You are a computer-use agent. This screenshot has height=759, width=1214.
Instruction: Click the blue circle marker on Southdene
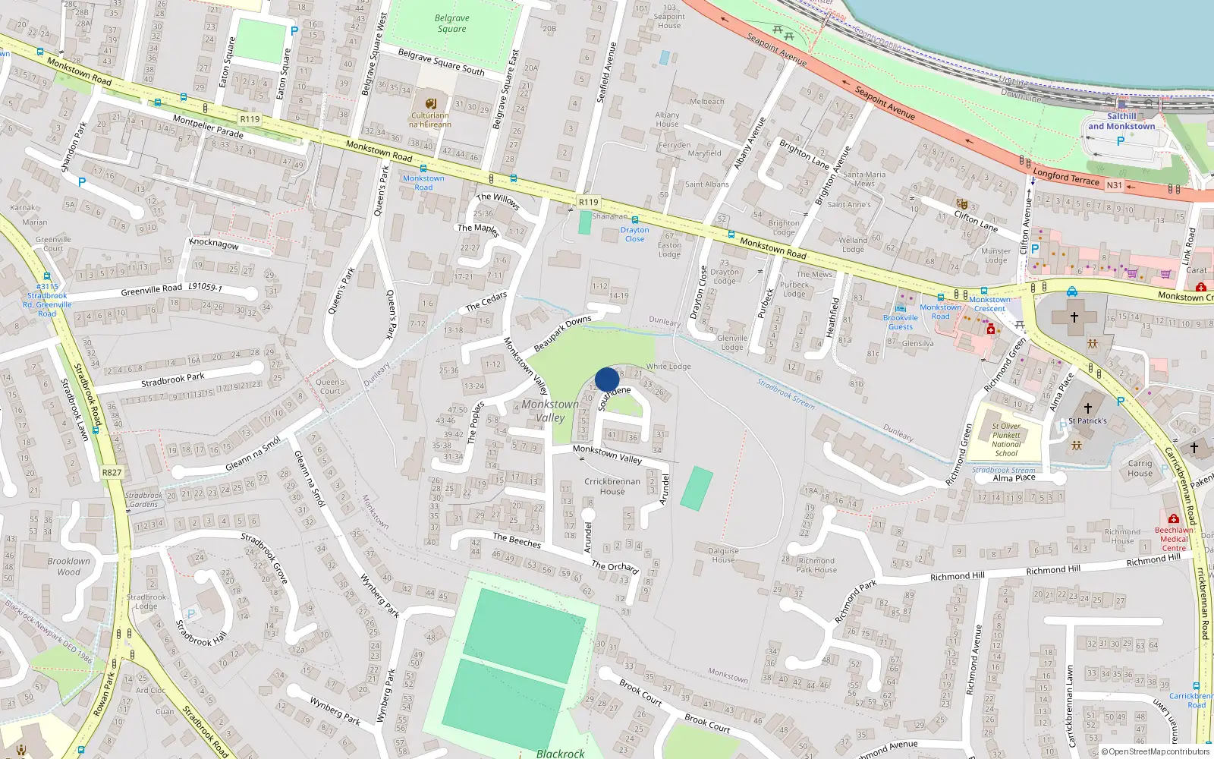[607, 379]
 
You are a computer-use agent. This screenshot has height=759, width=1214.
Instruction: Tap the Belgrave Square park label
[452, 24]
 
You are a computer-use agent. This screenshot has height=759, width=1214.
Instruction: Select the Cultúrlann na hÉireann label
[430, 120]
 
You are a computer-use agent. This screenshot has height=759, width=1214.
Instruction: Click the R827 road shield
[112, 472]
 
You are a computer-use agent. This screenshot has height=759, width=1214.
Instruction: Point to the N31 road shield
[1114, 185]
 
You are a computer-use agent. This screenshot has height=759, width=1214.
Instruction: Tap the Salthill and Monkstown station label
[1121, 121]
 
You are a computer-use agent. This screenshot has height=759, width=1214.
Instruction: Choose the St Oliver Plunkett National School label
[1006, 439]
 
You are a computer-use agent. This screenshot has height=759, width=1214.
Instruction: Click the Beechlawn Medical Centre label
[1174, 539]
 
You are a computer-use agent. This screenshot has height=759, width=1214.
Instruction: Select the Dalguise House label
[723, 556]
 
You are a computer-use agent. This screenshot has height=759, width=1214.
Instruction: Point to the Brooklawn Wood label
[69, 566]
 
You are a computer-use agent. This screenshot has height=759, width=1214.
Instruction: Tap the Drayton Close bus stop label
[635, 234]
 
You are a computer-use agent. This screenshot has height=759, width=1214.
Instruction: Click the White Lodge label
[668, 367]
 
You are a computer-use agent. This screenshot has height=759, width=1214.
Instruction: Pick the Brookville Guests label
[901, 323]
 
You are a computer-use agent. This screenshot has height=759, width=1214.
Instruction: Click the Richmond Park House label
[816, 565]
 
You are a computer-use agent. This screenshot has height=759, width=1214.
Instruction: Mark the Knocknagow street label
[214, 244]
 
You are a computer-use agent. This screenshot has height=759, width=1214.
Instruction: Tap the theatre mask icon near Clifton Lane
[962, 204]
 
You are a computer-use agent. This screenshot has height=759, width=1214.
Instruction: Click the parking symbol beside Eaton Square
[294, 31]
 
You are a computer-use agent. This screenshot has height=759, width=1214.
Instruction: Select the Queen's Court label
[330, 387]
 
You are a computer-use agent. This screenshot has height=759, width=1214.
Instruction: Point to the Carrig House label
[1140, 468]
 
